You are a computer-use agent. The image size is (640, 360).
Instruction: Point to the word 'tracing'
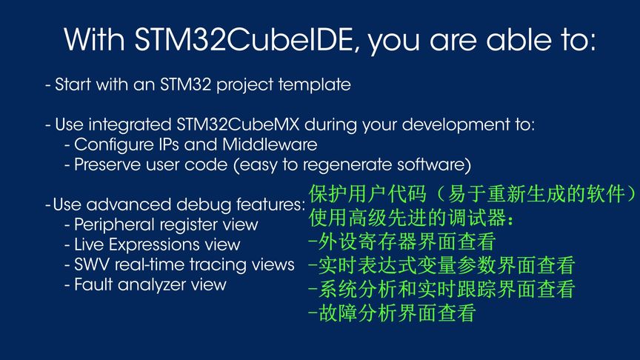(x=226, y=264)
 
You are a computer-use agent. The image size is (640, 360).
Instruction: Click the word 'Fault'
(x=92, y=284)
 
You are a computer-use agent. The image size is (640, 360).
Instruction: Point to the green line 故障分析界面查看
(x=391, y=313)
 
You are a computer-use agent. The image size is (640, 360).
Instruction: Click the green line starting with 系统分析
(x=441, y=290)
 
